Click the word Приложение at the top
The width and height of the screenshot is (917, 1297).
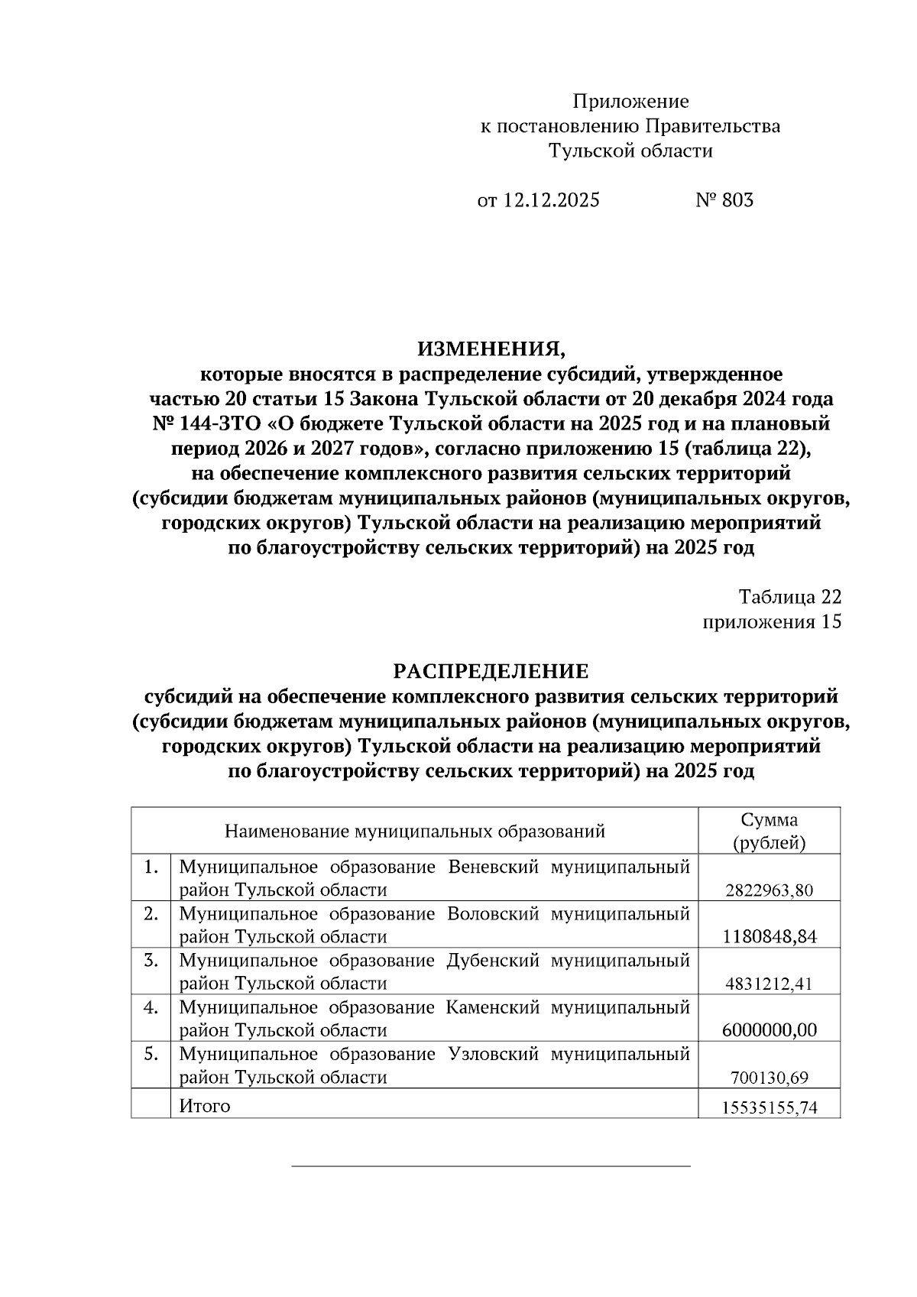click(630, 102)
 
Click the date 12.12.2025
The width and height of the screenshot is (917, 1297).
click(552, 200)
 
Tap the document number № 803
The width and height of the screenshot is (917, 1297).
click(724, 200)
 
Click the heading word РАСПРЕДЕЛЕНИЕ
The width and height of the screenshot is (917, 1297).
click(491, 672)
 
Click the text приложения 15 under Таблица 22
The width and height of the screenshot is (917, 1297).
click(772, 621)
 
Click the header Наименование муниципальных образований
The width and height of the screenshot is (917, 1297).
click(414, 831)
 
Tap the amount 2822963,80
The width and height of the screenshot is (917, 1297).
click(769, 890)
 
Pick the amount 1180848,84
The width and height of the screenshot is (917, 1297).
click(769, 937)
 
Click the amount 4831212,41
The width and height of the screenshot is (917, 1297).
click(769, 984)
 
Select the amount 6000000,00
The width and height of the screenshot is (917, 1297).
click(769, 1030)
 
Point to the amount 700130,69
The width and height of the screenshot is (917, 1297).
click(769, 1078)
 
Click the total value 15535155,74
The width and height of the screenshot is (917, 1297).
click(769, 1107)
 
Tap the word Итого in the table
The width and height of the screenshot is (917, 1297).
click(204, 1105)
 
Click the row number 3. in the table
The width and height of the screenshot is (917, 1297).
click(151, 961)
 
